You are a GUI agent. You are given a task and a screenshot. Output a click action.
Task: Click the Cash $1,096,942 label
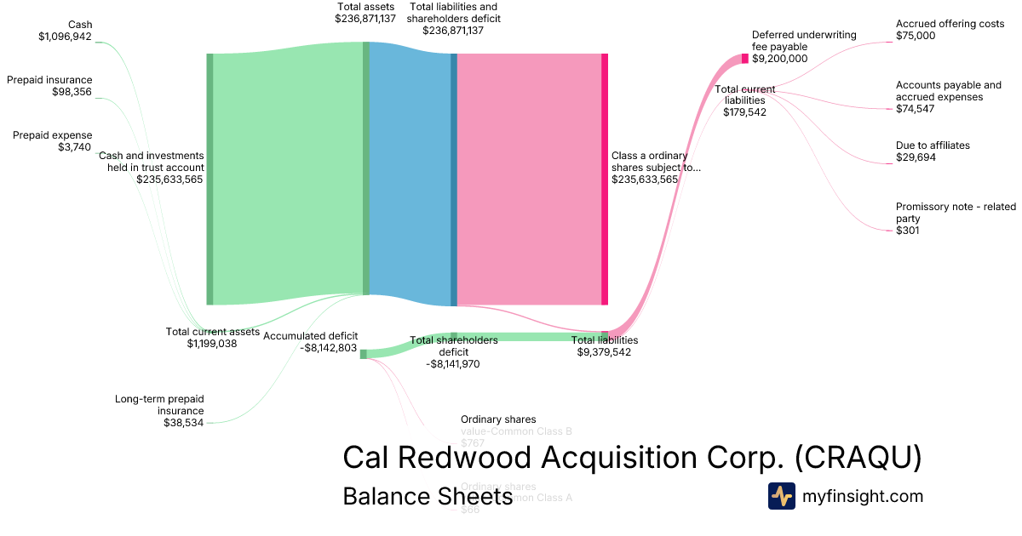(x=65, y=31)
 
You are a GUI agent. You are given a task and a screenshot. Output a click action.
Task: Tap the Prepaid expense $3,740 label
(x=53, y=141)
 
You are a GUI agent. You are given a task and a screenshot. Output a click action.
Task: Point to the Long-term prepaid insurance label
(x=159, y=410)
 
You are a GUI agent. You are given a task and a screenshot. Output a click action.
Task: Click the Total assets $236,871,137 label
(x=365, y=12)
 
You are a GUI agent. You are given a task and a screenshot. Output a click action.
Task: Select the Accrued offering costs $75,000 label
(x=950, y=30)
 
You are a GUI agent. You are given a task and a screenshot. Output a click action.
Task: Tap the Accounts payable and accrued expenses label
(x=948, y=97)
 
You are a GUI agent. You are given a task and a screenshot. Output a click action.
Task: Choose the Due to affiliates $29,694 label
(x=933, y=151)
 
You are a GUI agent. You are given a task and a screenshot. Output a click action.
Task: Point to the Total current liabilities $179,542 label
(x=744, y=100)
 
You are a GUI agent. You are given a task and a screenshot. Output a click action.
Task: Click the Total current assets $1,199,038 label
(x=212, y=338)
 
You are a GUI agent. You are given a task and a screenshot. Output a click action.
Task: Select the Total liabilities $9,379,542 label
(x=604, y=346)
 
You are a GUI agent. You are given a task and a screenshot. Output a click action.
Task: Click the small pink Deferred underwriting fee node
(x=744, y=59)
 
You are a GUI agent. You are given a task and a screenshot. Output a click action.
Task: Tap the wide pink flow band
(x=528, y=179)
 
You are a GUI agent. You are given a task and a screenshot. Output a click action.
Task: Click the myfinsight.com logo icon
(x=781, y=496)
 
